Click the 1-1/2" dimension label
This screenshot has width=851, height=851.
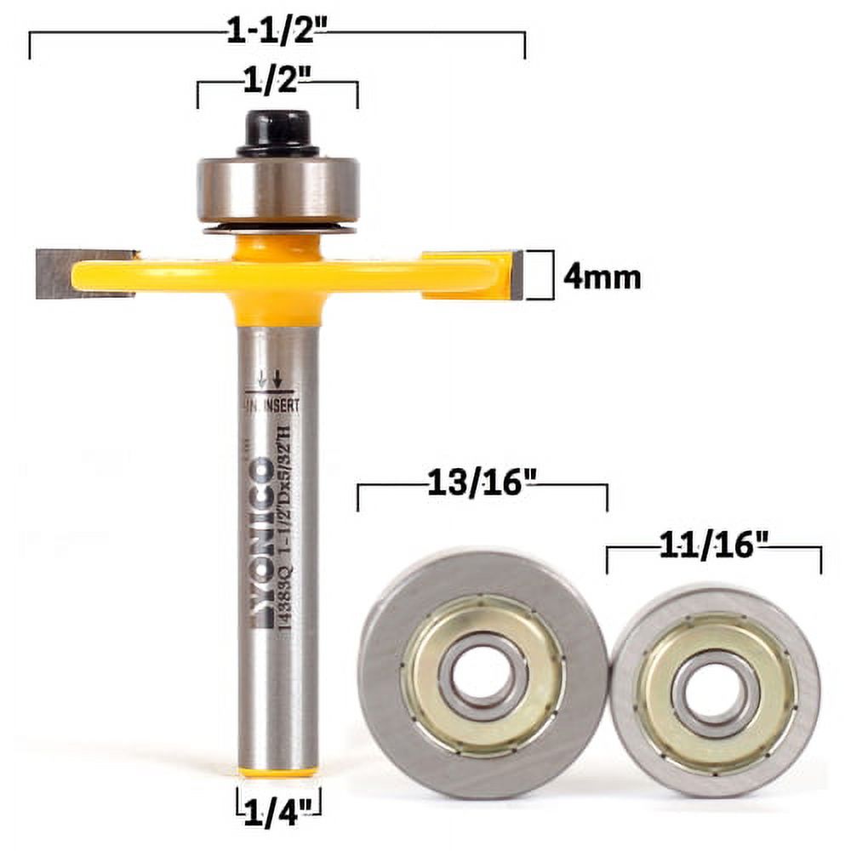(x=277, y=35)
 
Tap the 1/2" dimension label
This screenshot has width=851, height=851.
(x=277, y=83)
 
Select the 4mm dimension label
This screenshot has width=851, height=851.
(x=602, y=277)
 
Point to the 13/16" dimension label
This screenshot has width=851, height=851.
(x=482, y=485)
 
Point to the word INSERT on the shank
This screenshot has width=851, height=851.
(x=280, y=406)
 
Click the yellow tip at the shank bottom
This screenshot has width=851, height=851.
(x=277, y=773)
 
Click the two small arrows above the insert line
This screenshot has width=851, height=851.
(x=270, y=378)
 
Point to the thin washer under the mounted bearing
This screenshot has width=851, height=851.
(x=277, y=228)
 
